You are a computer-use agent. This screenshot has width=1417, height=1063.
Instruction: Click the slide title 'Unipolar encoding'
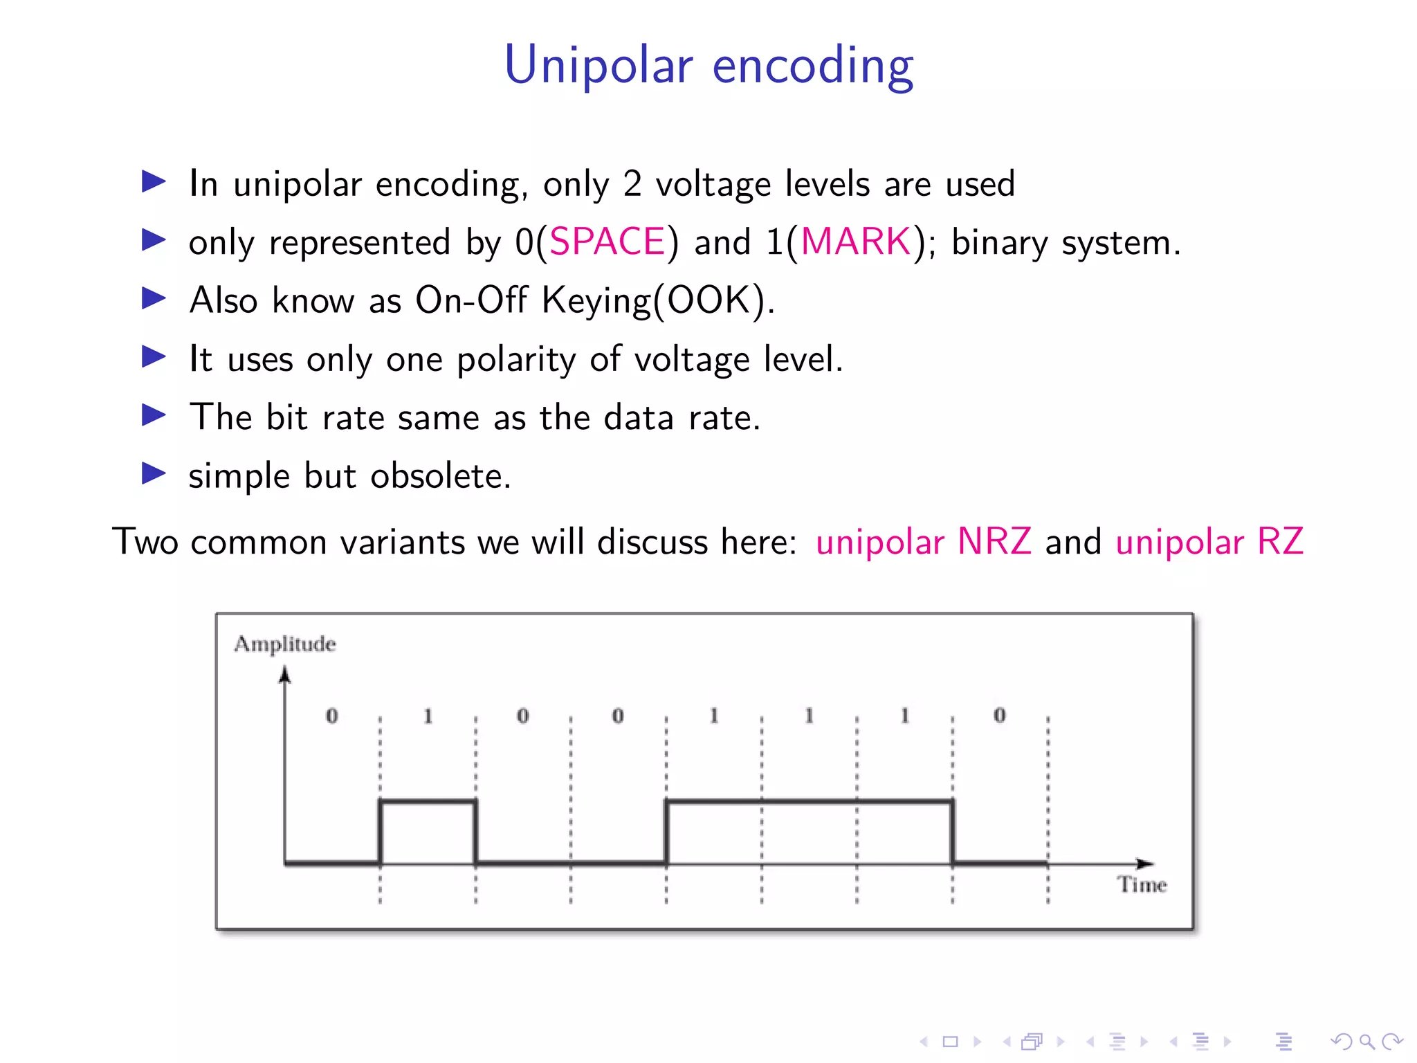tap(708, 65)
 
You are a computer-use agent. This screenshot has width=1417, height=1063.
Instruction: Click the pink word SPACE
tap(607, 242)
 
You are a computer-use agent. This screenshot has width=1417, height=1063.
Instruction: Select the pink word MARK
tap(856, 242)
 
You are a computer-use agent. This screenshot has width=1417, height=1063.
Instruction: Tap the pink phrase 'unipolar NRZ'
tap(923, 542)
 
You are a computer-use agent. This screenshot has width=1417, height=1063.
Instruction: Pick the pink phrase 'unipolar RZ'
tap(1209, 542)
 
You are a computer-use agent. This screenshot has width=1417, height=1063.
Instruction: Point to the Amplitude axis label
tap(285, 644)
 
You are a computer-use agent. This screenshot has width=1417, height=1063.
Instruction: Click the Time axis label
tap(1142, 884)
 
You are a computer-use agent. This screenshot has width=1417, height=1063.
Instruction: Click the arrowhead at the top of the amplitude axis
tap(284, 674)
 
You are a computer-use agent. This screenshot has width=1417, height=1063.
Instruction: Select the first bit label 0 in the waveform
tap(332, 716)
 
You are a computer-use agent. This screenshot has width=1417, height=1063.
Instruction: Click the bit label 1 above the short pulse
tap(428, 716)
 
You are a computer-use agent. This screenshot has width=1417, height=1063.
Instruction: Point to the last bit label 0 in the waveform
tap(1000, 716)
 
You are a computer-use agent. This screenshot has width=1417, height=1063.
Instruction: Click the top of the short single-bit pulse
tap(428, 801)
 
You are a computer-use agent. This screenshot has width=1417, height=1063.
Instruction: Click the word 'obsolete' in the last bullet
tap(440, 476)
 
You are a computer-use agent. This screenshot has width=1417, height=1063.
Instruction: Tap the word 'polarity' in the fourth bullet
tap(515, 360)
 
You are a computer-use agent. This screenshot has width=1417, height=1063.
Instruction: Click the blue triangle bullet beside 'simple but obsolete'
tap(153, 474)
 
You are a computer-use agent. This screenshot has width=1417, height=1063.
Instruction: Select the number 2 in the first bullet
tap(632, 184)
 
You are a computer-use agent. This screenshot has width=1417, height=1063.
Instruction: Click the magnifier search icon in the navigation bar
tap(1366, 1041)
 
